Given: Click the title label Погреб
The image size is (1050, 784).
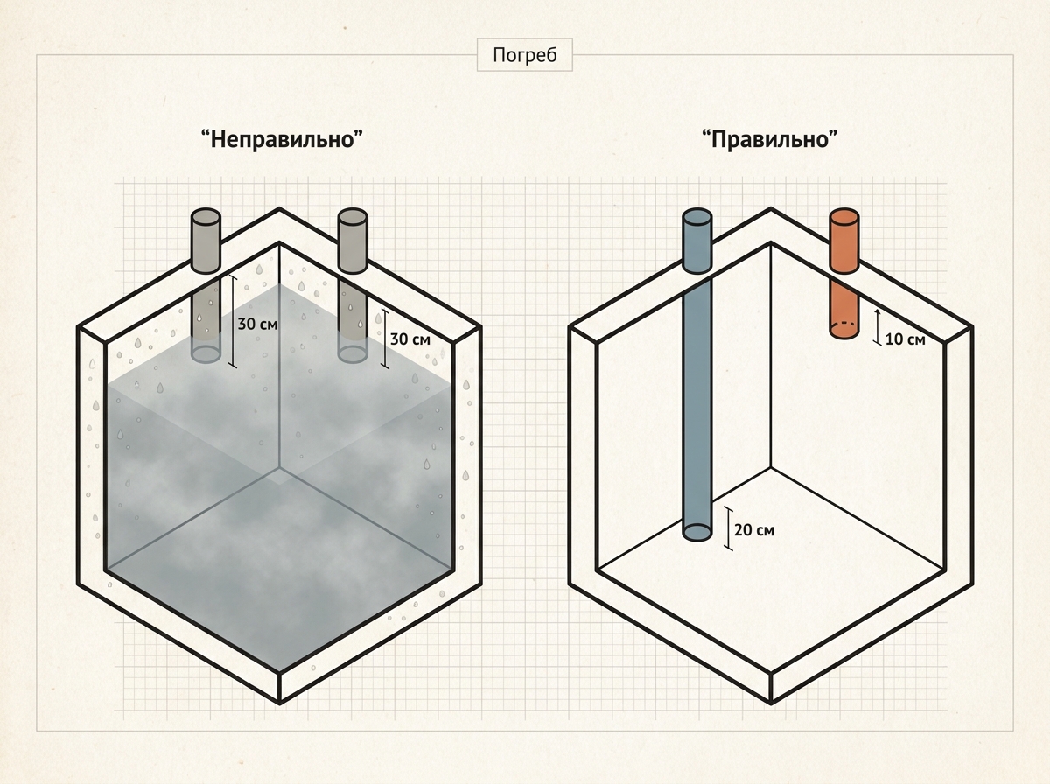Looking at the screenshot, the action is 525,55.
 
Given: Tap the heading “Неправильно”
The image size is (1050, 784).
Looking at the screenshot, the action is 282,139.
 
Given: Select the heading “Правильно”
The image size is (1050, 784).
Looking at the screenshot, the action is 770,139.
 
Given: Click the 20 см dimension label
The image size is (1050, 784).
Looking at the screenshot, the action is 754,530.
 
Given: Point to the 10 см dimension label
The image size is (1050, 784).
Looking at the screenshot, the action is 905,339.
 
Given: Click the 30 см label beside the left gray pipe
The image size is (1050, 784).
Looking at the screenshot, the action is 258,325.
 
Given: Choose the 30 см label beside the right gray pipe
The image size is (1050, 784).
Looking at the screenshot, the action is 410,339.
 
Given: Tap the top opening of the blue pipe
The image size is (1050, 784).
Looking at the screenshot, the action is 697,216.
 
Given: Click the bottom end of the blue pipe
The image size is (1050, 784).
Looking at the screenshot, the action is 697,532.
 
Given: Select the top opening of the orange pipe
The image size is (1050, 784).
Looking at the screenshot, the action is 843,216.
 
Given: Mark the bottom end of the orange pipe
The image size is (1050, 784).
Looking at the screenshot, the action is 843,330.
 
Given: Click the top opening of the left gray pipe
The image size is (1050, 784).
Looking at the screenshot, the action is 206,216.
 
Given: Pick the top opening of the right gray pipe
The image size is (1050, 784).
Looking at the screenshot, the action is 353,216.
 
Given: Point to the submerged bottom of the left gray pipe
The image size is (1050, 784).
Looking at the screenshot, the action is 206,354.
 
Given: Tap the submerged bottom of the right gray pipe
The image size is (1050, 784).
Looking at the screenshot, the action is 353,354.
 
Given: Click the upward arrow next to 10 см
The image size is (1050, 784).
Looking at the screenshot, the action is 878,326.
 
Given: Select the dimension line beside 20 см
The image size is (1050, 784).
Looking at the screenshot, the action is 728,528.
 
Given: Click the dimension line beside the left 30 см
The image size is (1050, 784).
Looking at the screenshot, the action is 233,321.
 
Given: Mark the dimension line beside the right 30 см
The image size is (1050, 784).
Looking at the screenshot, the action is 385,339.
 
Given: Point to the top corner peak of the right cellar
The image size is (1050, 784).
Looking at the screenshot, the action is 771,208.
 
